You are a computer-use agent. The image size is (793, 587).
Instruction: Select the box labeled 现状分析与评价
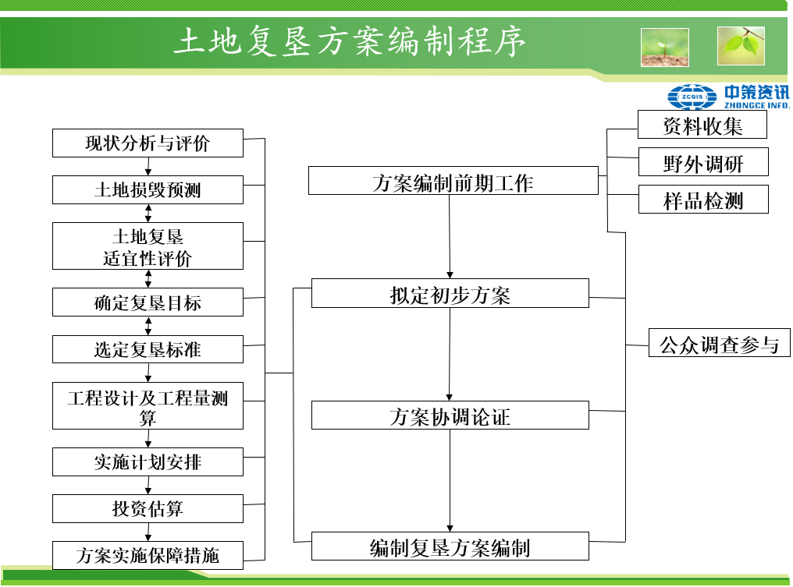click(x=148, y=143)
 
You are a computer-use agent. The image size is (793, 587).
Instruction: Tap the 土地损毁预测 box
click(x=148, y=190)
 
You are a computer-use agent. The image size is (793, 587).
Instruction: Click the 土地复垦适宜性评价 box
click(x=148, y=246)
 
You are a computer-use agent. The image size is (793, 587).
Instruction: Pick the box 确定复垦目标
click(x=148, y=302)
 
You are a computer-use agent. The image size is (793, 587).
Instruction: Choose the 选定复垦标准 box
click(x=148, y=349)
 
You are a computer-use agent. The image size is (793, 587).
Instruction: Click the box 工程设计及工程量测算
click(x=148, y=406)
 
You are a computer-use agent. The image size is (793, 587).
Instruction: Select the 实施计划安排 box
click(x=148, y=462)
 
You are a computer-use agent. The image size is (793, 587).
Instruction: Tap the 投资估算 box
click(x=148, y=509)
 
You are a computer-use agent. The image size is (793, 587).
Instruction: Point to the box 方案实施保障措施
click(x=148, y=555)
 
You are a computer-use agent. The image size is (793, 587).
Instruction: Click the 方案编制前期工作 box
click(x=453, y=181)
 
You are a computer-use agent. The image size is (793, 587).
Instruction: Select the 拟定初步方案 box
click(x=450, y=294)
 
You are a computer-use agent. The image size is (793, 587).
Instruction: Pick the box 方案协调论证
click(x=450, y=415)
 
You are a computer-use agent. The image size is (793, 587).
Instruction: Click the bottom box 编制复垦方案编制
click(x=450, y=546)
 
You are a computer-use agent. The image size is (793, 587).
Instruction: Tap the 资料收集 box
click(x=702, y=125)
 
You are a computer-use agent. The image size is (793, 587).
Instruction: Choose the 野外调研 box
click(x=702, y=162)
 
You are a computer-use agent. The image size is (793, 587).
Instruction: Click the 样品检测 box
click(x=702, y=200)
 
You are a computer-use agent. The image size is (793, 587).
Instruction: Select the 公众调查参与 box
click(x=719, y=343)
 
